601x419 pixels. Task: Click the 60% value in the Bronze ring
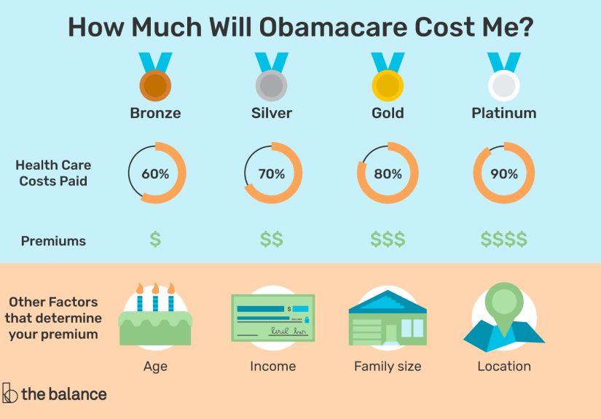coord(155,174)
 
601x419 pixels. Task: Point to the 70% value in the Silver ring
coord(271,174)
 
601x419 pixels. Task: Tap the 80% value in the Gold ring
coord(388,174)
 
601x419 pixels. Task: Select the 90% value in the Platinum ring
coord(504,174)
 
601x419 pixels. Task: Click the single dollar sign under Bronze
coord(155,239)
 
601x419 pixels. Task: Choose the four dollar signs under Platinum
coord(504,239)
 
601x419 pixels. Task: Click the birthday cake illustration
coord(155,321)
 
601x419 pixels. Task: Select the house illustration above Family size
coord(388,317)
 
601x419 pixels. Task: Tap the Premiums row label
coord(53,240)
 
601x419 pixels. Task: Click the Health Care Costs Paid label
coord(53,173)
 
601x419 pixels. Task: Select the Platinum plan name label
coord(504,113)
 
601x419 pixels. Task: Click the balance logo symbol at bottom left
coord(10,393)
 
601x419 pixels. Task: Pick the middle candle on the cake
coord(155,297)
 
